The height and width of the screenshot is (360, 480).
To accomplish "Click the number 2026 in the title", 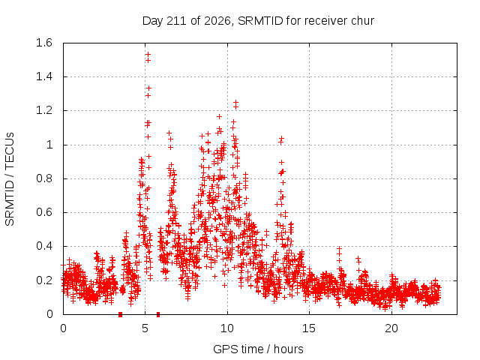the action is [217, 21].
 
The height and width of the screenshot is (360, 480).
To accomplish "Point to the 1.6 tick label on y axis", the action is [44, 43].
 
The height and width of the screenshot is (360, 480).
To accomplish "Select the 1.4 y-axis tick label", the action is [44, 76].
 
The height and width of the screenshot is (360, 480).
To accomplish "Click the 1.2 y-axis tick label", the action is [44, 110].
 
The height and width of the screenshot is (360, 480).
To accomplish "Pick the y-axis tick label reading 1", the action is [49, 145].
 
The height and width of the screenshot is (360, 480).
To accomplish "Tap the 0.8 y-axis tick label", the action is [44, 178].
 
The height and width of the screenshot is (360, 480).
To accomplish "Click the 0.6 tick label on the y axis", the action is [44, 212].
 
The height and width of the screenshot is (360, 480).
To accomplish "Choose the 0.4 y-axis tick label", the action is [44, 246].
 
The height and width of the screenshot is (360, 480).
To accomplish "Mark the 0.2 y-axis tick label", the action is [44, 280].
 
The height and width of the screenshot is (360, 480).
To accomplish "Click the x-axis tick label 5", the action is [145, 328].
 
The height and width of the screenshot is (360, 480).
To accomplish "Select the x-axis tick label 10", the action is [227, 328].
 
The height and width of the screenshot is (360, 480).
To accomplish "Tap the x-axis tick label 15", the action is [309, 328].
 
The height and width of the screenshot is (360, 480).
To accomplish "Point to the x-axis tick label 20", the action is [391, 328].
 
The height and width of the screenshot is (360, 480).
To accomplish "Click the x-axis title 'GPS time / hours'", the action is [258, 349].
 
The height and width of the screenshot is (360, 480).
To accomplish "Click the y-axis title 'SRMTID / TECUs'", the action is [10, 179].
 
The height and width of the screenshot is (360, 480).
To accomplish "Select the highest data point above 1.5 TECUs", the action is [148, 54].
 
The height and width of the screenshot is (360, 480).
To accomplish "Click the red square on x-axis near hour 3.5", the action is [120, 314].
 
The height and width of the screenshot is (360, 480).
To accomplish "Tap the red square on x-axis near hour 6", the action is [158, 314].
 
